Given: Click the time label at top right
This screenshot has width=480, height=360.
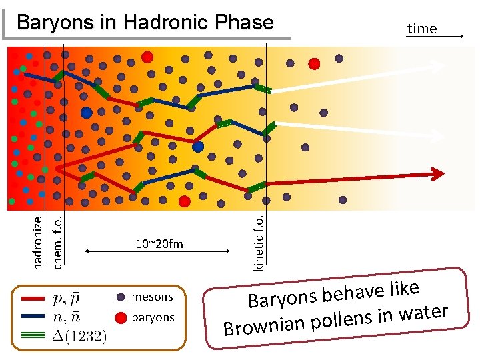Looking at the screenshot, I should pyautogui.click(x=421, y=29).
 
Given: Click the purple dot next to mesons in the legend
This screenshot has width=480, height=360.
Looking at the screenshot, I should pyautogui.click(x=121, y=297).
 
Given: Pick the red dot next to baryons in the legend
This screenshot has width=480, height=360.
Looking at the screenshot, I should pyautogui.click(x=121, y=317).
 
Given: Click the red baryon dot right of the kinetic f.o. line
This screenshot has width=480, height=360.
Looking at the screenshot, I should pyautogui.click(x=314, y=63).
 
